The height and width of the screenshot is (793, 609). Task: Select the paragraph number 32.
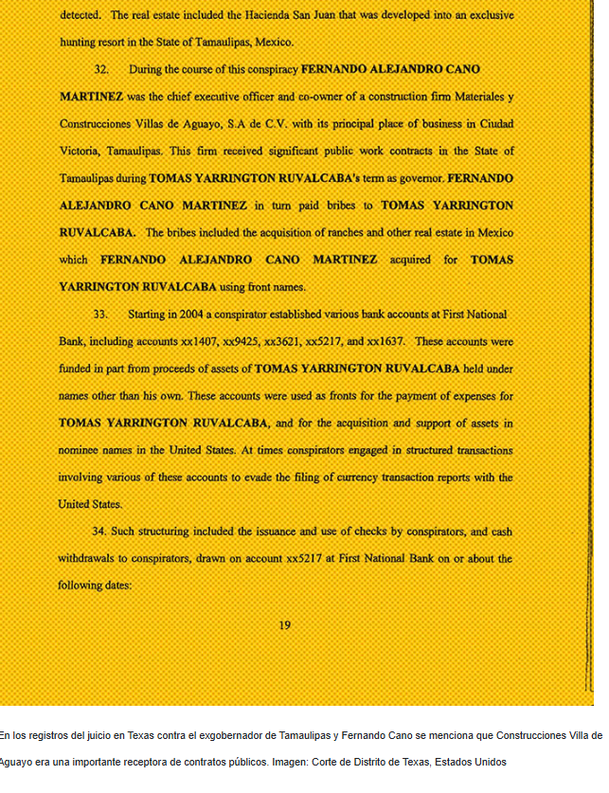click(x=101, y=69)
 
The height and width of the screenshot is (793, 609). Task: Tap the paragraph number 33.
click(x=101, y=314)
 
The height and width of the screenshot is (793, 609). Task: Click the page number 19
click(x=285, y=625)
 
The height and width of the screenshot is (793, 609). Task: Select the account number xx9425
click(x=241, y=341)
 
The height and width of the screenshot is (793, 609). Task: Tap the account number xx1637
click(x=386, y=341)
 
